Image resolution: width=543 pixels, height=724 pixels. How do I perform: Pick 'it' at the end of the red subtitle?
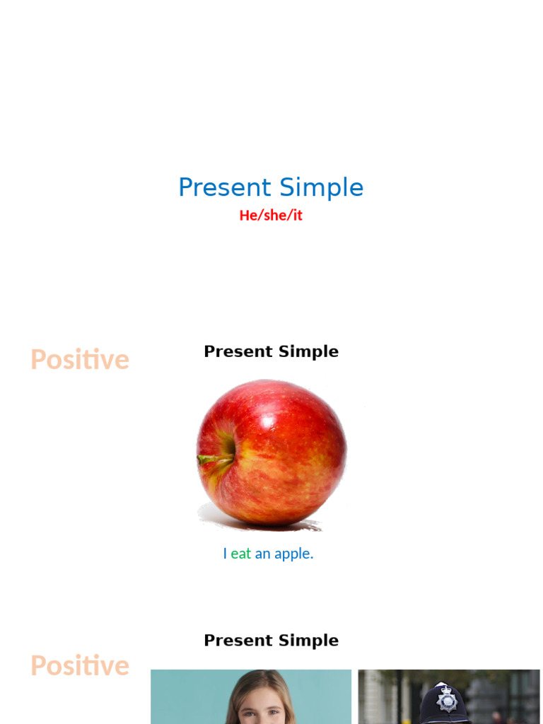pos(297,216)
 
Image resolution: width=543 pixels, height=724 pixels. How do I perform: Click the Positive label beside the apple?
pos(80,360)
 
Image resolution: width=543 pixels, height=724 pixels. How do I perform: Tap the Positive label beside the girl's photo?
pos(80,666)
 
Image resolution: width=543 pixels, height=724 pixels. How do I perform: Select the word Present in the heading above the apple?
pos(237,351)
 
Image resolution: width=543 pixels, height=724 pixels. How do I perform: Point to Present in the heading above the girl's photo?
pos(237,641)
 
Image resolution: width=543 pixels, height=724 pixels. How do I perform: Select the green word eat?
pos(241,554)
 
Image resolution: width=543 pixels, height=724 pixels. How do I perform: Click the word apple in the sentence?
pos(293,554)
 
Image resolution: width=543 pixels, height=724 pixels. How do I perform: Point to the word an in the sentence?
pos(263,554)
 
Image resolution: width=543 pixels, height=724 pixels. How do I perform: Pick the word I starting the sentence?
pos(225,554)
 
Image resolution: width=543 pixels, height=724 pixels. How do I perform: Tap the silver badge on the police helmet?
pos(447,701)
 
